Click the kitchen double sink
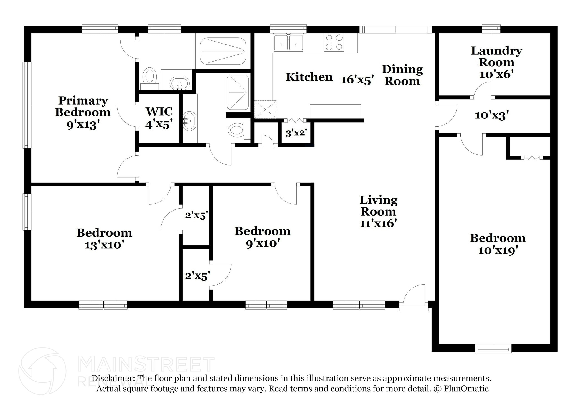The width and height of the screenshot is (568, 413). [x=288, y=42]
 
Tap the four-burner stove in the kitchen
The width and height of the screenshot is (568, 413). [x=334, y=42]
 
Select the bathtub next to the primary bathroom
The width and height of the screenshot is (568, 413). [x=223, y=51]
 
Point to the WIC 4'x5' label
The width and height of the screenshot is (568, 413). [x=159, y=118]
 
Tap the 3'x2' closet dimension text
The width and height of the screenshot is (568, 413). [x=296, y=133]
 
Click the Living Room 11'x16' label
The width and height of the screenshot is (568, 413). [x=379, y=211]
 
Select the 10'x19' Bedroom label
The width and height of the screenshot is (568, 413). [x=498, y=244]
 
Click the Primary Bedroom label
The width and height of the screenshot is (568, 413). [x=83, y=112]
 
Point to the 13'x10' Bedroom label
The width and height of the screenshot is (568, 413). [x=104, y=239]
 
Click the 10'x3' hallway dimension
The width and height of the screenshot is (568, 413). [x=492, y=115]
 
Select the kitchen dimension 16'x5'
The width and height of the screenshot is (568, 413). [x=357, y=80]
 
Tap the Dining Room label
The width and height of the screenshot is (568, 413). [x=402, y=75]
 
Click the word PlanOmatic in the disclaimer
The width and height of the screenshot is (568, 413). [x=466, y=389]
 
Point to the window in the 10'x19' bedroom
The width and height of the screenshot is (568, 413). [x=493, y=348]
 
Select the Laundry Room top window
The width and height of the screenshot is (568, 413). [x=491, y=29]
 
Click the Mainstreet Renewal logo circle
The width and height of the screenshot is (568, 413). [x=42, y=371]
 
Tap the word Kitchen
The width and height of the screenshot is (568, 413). [x=309, y=77]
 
